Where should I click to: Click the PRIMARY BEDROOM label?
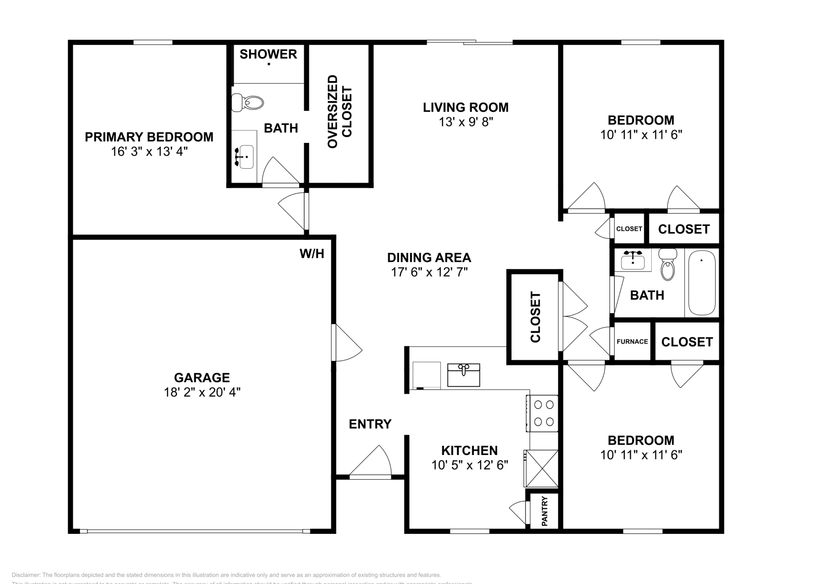pyautogui.click(x=148, y=137)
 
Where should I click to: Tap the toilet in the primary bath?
pyautogui.click(x=248, y=103)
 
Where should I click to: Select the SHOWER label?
pyautogui.click(x=268, y=54)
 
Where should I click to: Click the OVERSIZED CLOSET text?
pyautogui.click(x=339, y=111)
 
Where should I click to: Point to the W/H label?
pyautogui.click(x=312, y=253)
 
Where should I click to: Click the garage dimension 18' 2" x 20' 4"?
pyautogui.click(x=202, y=392)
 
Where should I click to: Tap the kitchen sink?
pyautogui.click(x=464, y=375)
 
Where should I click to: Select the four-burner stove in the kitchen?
pyautogui.click(x=543, y=413)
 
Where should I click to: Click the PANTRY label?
pyautogui.click(x=544, y=511)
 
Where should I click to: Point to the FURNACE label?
pyautogui.click(x=632, y=342)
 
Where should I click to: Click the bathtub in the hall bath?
pyautogui.click(x=702, y=283)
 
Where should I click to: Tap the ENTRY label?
pyautogui.click(x=370, y=424)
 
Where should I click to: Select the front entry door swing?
pyautogui.click(x=370, y=462)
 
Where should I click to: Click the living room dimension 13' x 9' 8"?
pyautogui.click(x=466, y=122)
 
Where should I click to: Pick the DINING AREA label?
pyautogui.click(x=429, y=257)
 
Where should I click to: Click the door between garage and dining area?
pyautogui.click(x=346, y=343)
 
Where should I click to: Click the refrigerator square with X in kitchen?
pyautogui.click(x=541, y=468)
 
